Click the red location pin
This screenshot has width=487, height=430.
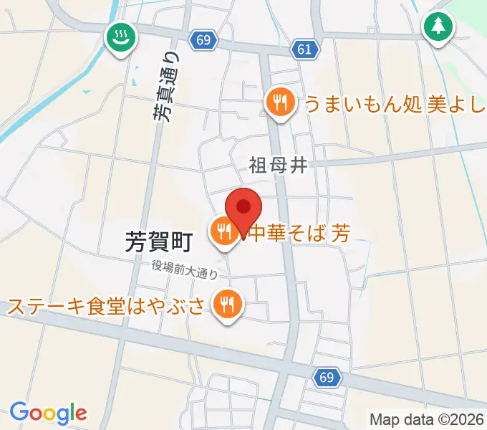click(x=243, y=209)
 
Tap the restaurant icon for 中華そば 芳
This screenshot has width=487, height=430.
click(x=224, y=231)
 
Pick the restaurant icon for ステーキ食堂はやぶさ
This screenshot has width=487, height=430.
click(x=228, y=305)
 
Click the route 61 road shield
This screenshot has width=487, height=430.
click(x=303, y=49)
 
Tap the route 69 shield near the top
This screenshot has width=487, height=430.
click(x=203, y=40)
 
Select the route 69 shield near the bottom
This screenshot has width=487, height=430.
click(x=327, y=377)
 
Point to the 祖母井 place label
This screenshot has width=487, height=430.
click(x=279, y=166)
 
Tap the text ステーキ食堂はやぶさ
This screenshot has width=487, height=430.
click(x=107, y=307)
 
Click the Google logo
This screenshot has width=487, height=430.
click(x=48, y=413)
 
